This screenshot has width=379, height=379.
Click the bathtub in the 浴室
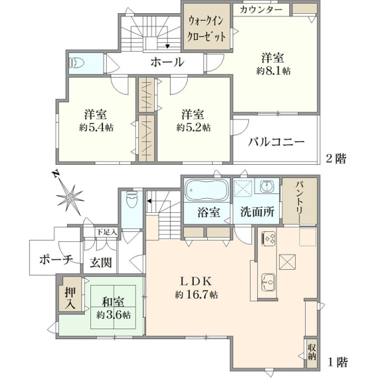point(206,190)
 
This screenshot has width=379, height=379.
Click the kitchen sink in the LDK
point(268,282)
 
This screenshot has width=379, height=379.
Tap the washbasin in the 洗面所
point(267,186)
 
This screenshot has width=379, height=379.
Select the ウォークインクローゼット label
point(207,28)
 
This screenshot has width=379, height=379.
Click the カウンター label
point(262,9)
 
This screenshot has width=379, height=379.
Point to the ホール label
point(167,63)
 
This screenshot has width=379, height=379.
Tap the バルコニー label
point(276,142)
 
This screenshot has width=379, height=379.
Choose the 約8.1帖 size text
point(274,71)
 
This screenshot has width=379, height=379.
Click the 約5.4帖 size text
point(96,128)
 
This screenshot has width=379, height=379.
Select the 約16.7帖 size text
point(196,294)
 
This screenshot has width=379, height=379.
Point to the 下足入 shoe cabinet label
point(107,232)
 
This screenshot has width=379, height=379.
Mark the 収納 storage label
point(311,352)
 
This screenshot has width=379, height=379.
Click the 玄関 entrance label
point(101,262)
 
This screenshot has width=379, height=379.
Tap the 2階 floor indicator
point(336,159)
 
